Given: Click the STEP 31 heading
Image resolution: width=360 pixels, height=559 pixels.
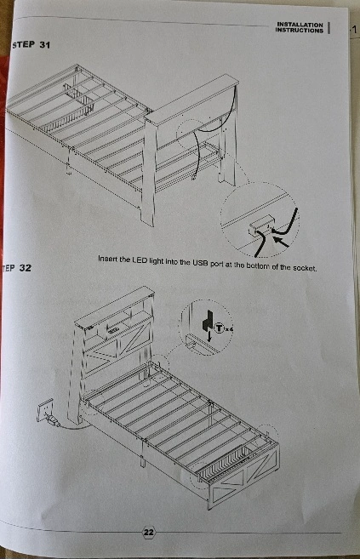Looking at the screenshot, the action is pyautogui.click(x=31, y=45).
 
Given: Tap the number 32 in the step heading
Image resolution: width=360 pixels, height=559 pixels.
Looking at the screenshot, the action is pyautogui.click(x=25, y=268).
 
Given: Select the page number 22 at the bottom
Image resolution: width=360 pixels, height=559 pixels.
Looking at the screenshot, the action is pyautogui.click(x=149, y=533).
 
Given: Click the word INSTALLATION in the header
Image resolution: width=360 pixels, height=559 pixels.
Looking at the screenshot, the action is pyautogui.click(x=300, y=25).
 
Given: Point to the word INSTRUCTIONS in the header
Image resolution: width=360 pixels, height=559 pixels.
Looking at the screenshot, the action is pyautogui.click(x=299, y=31).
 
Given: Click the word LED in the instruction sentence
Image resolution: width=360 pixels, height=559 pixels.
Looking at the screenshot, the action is pyautogui.click(x=140, y=260).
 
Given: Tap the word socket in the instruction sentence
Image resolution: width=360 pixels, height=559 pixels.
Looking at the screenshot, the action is pyautogui.click(x=304, y=268).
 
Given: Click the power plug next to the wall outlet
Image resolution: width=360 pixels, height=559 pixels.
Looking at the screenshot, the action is pyautogui.click(x=52, y=421).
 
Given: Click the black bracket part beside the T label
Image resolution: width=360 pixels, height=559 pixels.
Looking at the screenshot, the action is pyautogui.click(x=207, y=320).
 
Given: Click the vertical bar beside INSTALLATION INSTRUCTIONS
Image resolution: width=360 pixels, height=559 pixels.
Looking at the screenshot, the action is pyautogui.click(x=329, y=27).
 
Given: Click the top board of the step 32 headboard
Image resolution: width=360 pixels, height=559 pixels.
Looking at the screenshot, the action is pyautogui.click(x=114, y=305).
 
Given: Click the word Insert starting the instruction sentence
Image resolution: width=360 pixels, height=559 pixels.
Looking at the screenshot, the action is pyautogui.click(x=107, y=259).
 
